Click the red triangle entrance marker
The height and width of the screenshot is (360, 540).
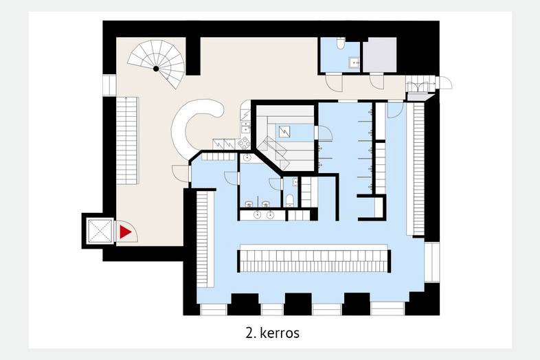click(125, 232)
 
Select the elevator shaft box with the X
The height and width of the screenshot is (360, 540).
click(100, 231)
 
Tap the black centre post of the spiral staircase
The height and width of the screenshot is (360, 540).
click(156, 69)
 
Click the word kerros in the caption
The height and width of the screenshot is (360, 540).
click(280, 333)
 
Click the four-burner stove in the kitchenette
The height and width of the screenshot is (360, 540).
click(244, 143)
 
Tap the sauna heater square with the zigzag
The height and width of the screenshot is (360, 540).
click(284, 131)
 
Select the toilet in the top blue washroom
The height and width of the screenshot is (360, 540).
click(340, 43)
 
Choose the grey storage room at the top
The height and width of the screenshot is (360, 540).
click(379, 55)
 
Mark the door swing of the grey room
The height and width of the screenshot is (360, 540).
click(376, 82)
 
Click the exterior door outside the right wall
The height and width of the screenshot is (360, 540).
click(445, 82)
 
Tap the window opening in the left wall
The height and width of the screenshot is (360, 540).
click(109, 85)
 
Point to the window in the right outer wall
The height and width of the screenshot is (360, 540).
click(432, 262)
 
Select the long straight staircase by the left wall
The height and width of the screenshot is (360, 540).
click(127, 141)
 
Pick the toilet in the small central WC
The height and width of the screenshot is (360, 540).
click(290, 201)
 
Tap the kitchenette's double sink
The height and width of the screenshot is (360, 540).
click(245, 126)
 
